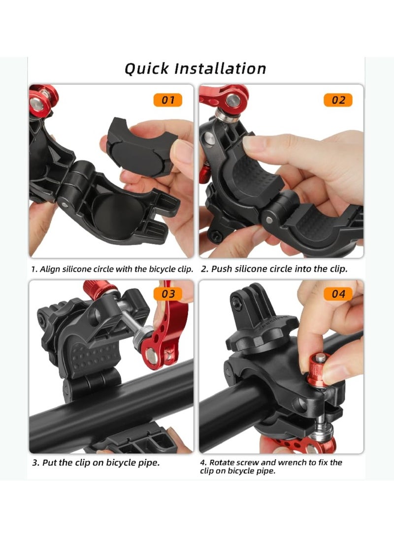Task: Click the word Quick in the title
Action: [x=146, y=68]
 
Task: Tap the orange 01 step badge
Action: [x=168, y=100]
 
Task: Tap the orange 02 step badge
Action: [x=338, y=100]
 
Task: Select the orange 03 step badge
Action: [x=168, y=294]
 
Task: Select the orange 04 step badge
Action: [x=338, y=294]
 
